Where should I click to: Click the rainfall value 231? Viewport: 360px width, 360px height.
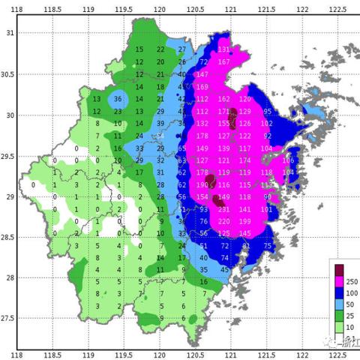223,209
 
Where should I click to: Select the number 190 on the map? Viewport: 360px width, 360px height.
202,184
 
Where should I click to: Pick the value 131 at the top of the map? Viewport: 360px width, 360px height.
223,49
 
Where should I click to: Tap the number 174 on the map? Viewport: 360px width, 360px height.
245,160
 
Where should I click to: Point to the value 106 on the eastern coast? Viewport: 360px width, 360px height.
288,160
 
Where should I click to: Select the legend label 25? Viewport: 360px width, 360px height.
350,318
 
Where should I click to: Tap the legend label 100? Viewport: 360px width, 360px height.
352,292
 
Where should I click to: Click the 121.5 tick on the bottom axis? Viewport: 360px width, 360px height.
266,354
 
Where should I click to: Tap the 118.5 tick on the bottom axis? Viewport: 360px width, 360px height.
53,354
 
